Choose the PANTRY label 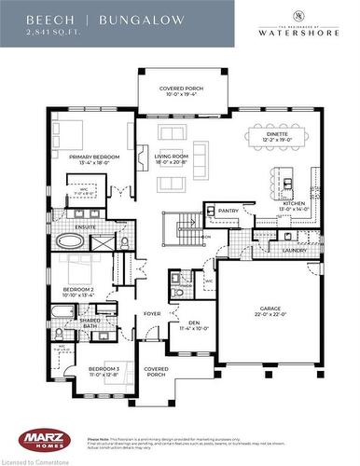229,212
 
